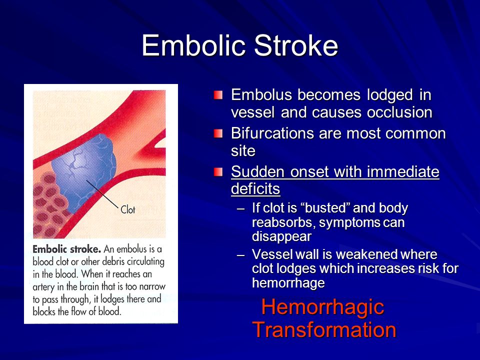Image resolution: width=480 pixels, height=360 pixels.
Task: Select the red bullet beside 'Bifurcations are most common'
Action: [x=218, y=133]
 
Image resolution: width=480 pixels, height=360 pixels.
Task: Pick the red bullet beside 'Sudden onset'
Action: [x=218, y=172]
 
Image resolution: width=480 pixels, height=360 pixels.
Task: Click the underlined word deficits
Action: [x=255, y=188]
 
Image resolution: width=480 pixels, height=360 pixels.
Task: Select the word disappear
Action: [x=281, y=236]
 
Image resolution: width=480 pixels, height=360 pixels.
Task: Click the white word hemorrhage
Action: [x=288, y=282]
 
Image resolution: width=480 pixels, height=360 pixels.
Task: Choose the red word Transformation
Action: [x=324, y=329]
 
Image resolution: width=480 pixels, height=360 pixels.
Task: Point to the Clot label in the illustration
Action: [x=127, y=209]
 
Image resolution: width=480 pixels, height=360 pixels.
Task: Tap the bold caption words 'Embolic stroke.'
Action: [x=66, y=249]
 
